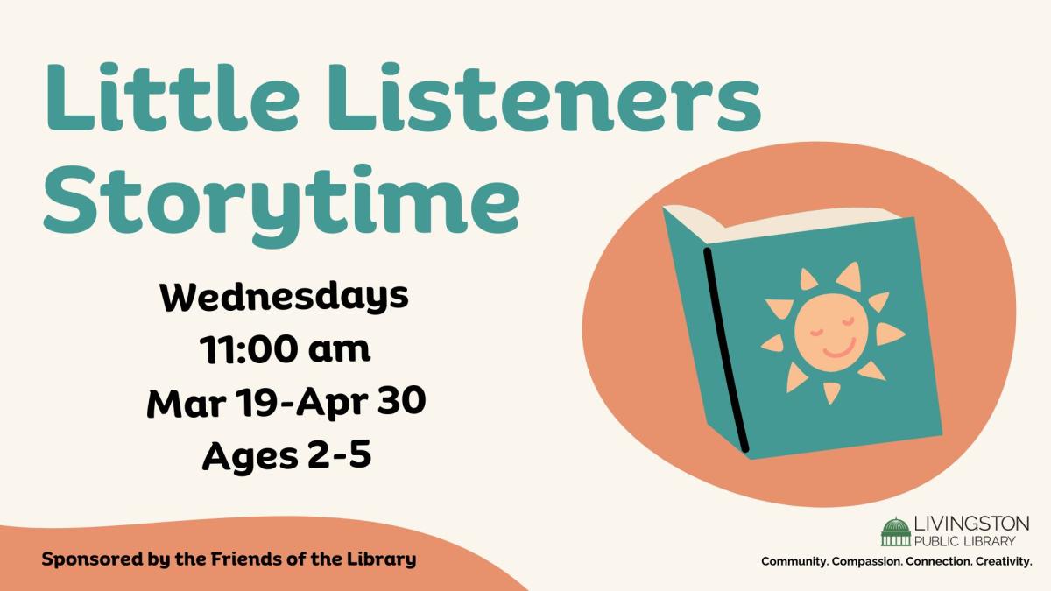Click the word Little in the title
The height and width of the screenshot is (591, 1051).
click(x=173, y=97)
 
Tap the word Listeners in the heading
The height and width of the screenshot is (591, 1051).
click(x=545, y=97)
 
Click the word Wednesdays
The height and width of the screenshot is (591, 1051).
click(x=285, y=298)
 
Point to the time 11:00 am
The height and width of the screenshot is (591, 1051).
click(x=285, y=349)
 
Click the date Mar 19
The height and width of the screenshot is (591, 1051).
click(x=214, y=402)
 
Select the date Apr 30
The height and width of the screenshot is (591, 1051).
click(x=360, y=402)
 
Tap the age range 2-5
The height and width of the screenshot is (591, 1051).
click(x=339, y=454)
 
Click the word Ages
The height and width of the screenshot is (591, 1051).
click(x=250, y=456)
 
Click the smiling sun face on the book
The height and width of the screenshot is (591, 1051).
click(x=831, y=333)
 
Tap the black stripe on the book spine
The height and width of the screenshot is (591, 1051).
click(x=725, y=350)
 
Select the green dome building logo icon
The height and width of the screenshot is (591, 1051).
click(x=896, y=532)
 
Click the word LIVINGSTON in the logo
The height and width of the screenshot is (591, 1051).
click(x=971, y=524)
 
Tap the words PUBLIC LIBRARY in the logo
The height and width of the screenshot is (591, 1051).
click(x=964, y=541)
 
